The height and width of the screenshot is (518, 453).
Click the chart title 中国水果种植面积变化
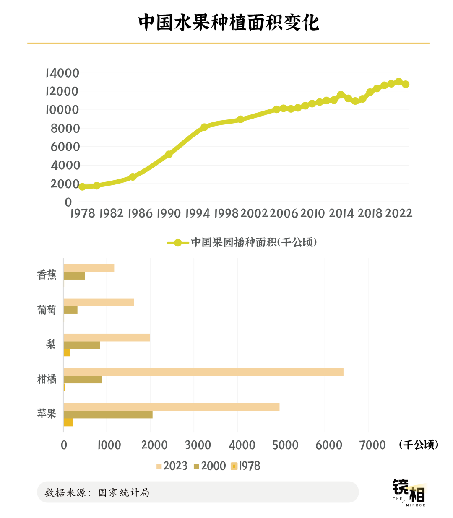(229, 22)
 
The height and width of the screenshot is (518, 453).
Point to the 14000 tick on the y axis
(62, 73)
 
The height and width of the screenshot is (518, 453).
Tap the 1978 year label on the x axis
(83, 213)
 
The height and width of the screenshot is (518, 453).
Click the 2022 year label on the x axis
(398, 213)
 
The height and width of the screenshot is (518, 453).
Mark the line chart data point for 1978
(82, 186)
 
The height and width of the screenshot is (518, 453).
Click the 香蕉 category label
(47, 275)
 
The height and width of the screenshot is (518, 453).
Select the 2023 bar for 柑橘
(203, 372)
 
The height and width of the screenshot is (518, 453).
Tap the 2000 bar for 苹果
(108, 414)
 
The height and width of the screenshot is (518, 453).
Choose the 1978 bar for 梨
(67, 352)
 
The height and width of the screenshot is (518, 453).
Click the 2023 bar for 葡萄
(99, 303)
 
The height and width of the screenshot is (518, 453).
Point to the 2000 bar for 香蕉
(74, 276)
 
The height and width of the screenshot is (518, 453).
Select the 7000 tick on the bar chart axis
(372, 445)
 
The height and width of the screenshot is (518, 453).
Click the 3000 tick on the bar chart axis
(198, 445)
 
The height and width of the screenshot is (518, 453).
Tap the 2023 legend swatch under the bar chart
(159, 466)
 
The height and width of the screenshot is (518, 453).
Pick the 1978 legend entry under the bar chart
(245, 466)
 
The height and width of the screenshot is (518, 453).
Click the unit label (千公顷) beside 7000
(419, 445)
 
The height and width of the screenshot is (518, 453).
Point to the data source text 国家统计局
(124, 492)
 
